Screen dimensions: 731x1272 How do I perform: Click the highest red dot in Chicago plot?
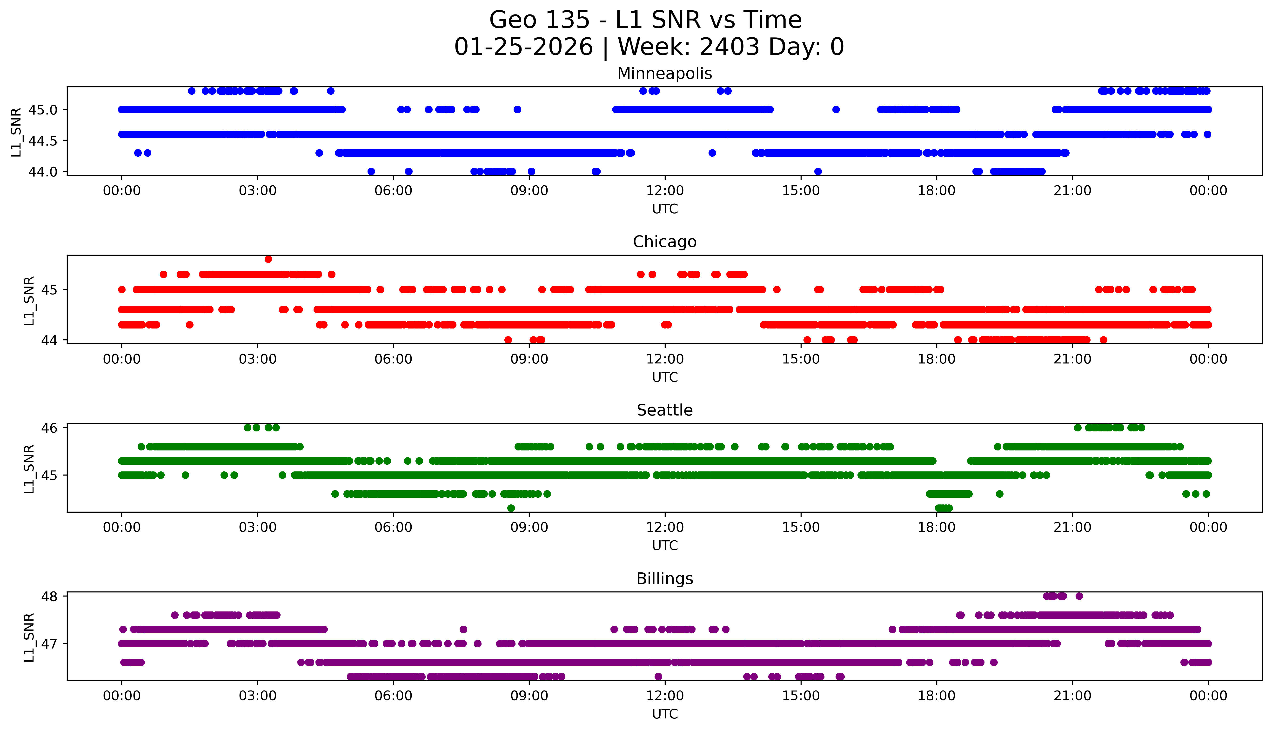click(x=268, y=259)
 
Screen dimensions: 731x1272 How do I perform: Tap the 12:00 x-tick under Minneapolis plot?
click(x=665, y=191)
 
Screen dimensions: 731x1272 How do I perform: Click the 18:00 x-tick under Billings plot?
click(x=937, y=696)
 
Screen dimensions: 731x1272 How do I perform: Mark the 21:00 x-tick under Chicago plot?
click(x=1072, y=359)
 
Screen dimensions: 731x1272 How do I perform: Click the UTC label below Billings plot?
click(x=665, y=714)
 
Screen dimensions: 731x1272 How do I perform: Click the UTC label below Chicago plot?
click(x=665, y=377)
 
